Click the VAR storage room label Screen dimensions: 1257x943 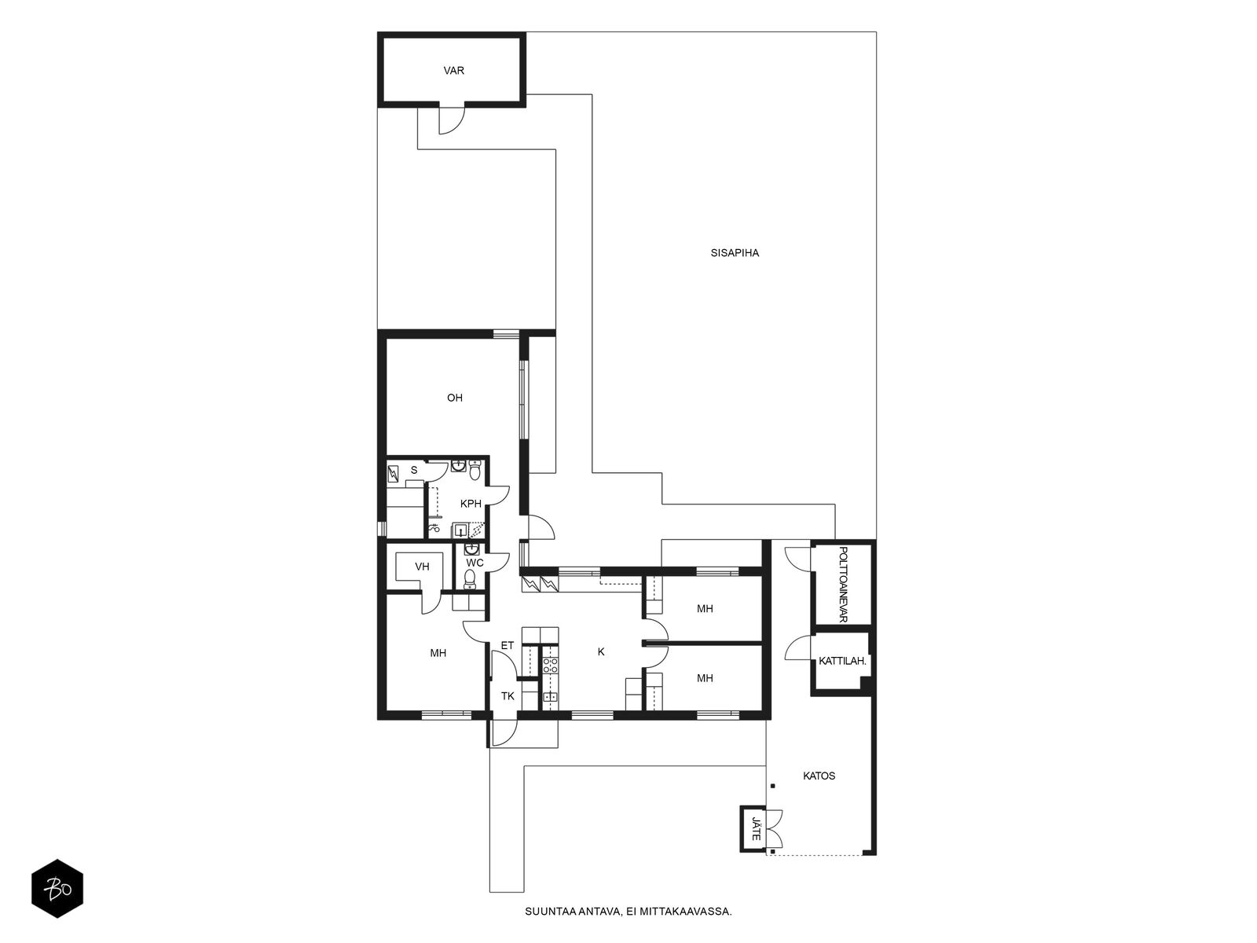click(453, 71)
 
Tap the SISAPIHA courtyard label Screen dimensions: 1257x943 click(735, 253)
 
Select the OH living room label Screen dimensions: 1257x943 click(455, 398)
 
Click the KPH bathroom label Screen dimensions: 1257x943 click(471, 504)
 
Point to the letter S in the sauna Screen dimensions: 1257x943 click(414, 471)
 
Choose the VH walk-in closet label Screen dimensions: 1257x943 click(422, 567)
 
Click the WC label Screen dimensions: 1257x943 click(475, 563)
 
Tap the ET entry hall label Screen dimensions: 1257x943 click(508, 645)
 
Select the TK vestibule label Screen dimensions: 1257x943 click(508, 696)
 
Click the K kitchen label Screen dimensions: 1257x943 click(601, 651)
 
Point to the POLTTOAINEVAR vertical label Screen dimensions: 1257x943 click(843, 584)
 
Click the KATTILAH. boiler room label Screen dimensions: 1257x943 click(842, 661)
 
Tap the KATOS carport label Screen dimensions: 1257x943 click(819, 776)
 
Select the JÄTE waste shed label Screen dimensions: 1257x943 click(756, 828)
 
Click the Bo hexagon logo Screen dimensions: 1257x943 click(57, 889)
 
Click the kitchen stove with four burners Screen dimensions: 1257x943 click(551, 666)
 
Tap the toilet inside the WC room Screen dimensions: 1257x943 click(470, 579)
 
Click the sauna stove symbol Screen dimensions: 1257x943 click(394, 474)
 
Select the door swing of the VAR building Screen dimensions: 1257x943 click(451, 120)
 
